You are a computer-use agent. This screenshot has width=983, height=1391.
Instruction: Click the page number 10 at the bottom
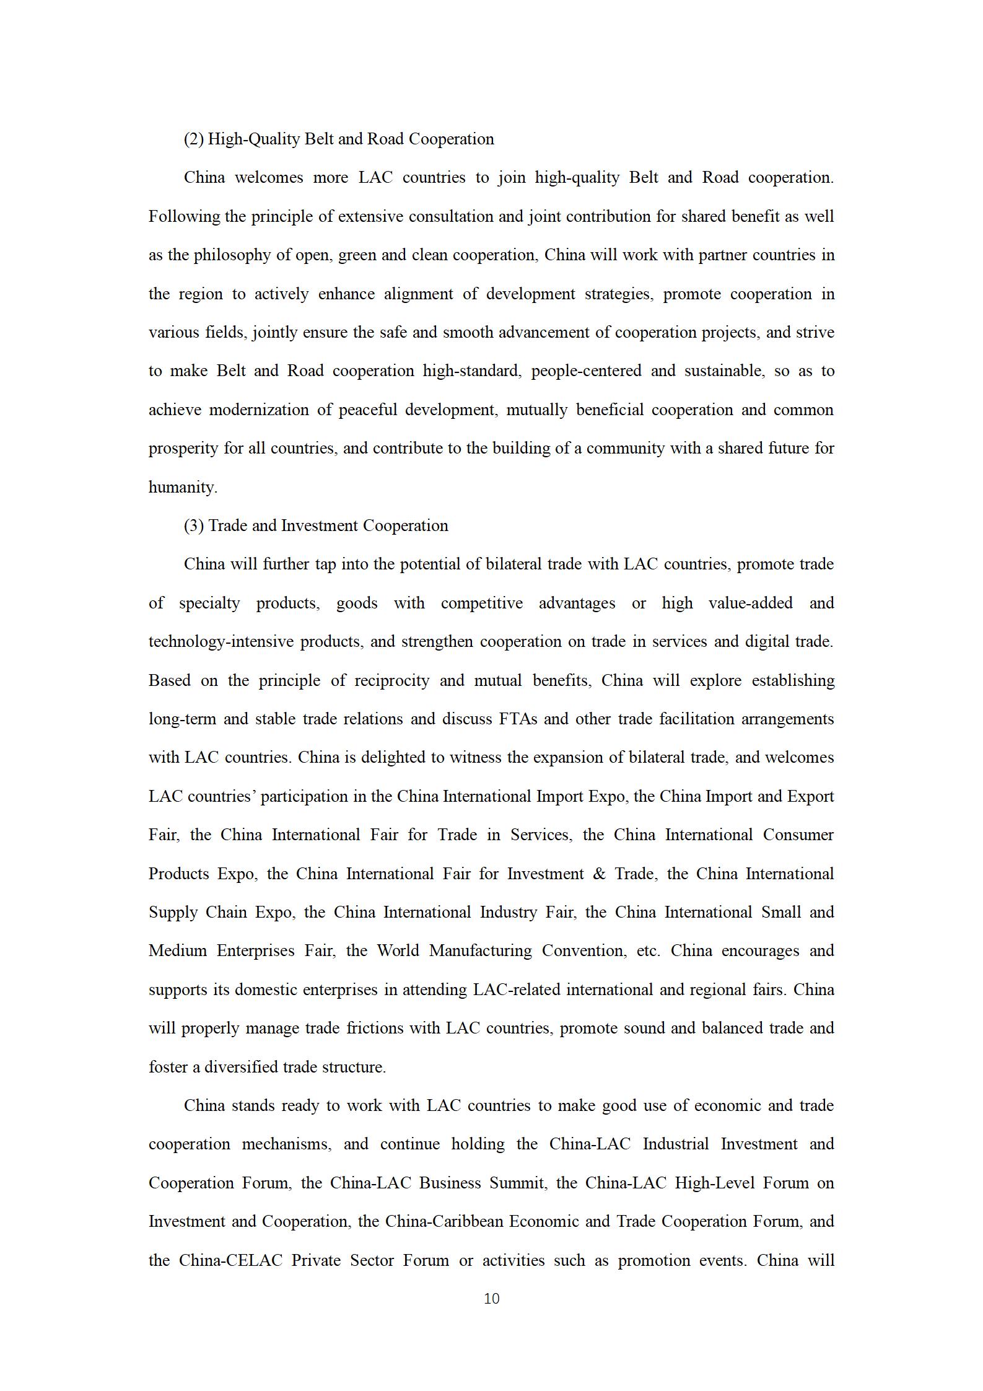(x=491, y=1298)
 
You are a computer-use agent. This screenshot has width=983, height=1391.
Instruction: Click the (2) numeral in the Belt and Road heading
(x=193, y=139)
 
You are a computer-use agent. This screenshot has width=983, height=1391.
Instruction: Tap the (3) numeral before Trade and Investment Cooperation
(x=193, y=525)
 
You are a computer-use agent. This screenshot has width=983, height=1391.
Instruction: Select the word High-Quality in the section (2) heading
(x=253, y=139)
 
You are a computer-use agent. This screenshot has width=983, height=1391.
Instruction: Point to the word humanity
(x=182, y=487)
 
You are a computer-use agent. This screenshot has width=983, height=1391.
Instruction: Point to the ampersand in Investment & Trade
(x=599, y=874)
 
